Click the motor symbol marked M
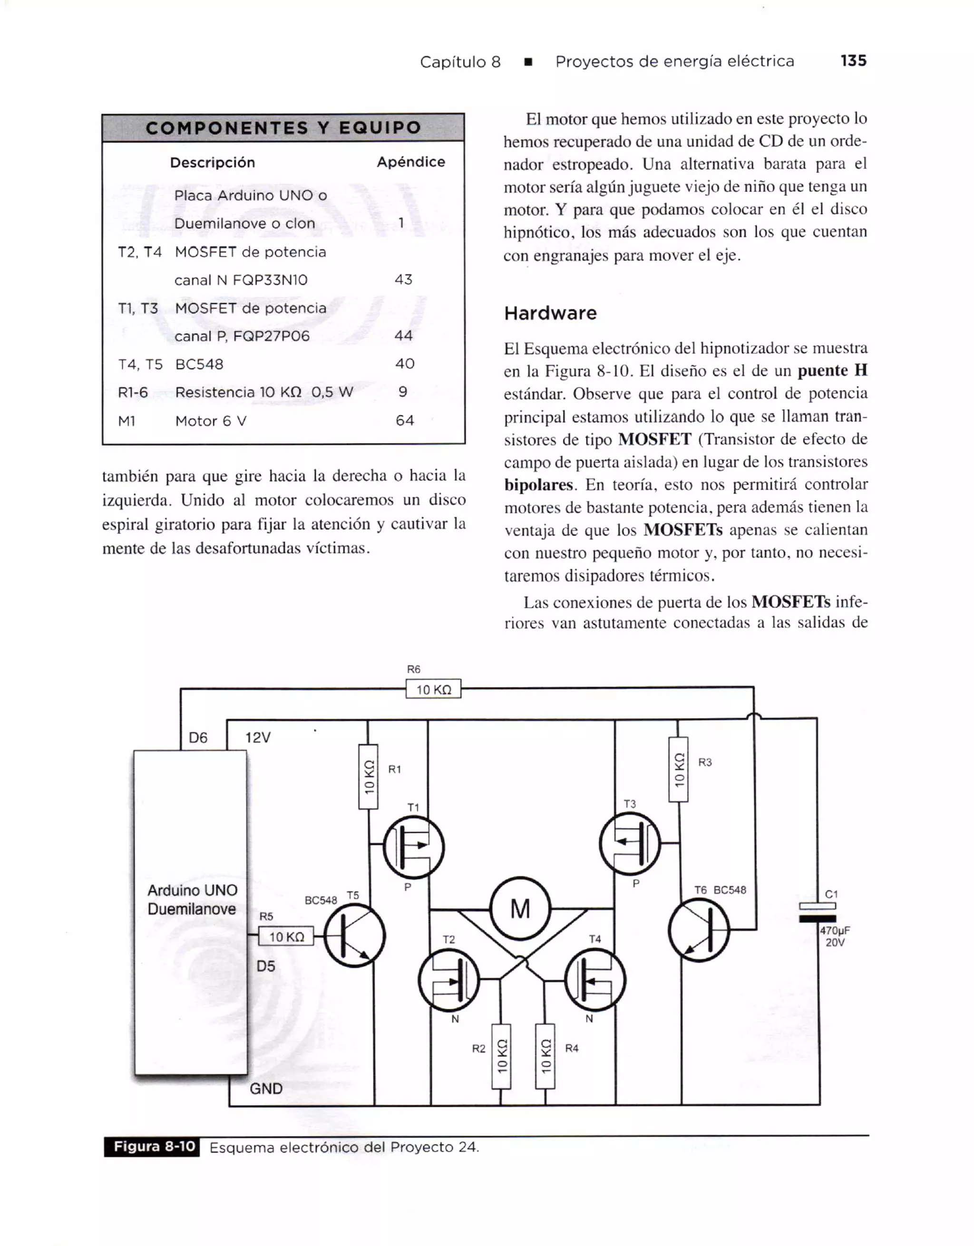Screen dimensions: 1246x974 pyautogui.click(x=520, y=908)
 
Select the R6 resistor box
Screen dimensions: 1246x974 pyautogui.click(x=433, y=689)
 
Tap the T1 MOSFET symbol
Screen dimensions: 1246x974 pyautogui.click(x=414, y=847)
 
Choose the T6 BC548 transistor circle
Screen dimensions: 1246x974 pyautogui.click(x=699, y=930)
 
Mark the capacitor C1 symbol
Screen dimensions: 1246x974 pyautogui.click(x=817, y=912)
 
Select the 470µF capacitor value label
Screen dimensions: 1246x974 pyautogui.click(x=835, y=930)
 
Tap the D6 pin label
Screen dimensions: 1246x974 pyautogui.click(x=198, y=738)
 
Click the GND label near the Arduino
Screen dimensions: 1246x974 pyautogui.click(x=266, y=1089)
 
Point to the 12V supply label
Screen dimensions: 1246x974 pyautogui.click(x=258, y=738)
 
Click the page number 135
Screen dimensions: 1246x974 pyautogui.click(x=853, y=60)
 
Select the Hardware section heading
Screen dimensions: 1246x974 pyautogui.click(x=550, y=313)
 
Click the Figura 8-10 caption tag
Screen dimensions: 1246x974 pyautogui.click(x=152, y=1147)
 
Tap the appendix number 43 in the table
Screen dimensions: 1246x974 pyautogui.click(x=403, y=280)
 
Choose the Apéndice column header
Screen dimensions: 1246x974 pyautogui.click(x=410, y=162)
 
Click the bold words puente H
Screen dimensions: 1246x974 pyautogui.click(x=832, y=371)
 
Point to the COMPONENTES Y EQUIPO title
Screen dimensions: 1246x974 pyautogui.click(x=283, y=128)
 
